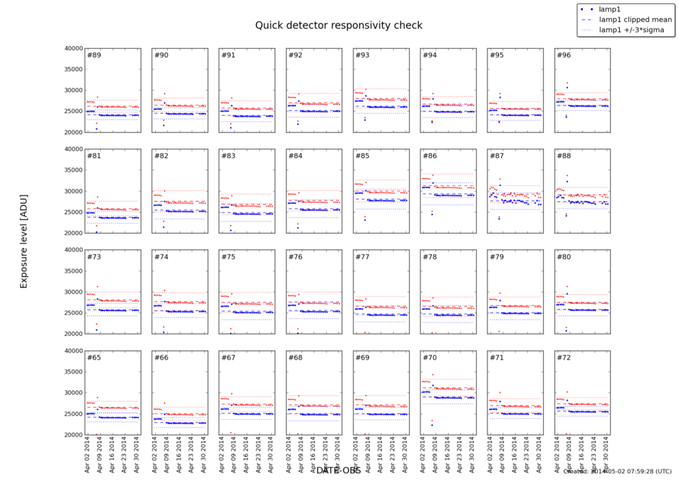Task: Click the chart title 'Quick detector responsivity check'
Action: click(338, 25)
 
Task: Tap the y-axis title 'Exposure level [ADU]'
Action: click(23, 240)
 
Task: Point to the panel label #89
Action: click(94, 56)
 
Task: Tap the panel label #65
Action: click(94, 358)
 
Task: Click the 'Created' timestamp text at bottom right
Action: click(617, 472)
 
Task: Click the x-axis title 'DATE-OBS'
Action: click(338, 470)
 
